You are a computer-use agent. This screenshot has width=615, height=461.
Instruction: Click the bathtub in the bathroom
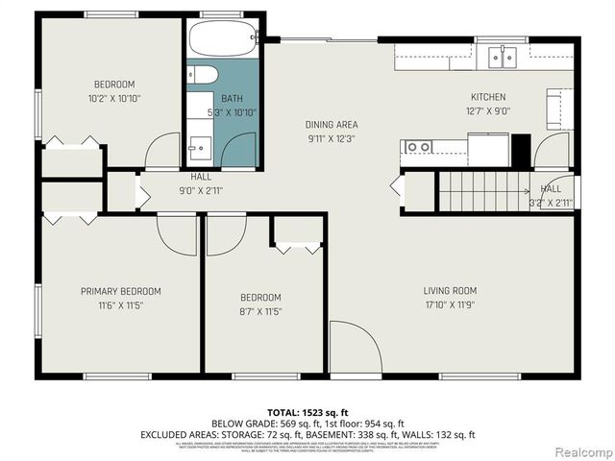pyautogui.click(x=222, y=39)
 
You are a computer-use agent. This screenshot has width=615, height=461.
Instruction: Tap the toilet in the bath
pyautogui.click(x=204, y=76)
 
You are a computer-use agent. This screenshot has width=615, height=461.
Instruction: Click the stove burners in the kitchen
pyautogui.click(x=417, y=146)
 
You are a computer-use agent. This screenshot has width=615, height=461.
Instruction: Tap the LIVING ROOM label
pyautogui.click(x=451, y=291)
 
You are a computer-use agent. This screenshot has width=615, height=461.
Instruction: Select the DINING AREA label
pyautogui.click(x=332, y=125)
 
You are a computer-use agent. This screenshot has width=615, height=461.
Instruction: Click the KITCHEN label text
pyautogui.click(x=487, y=98)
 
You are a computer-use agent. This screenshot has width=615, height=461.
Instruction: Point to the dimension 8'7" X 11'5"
pyautogui.click(x=260, y=311)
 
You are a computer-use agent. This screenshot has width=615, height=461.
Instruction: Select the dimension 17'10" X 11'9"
pyautogui.click(x=451, y=305)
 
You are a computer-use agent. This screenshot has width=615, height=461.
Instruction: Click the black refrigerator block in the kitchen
pyautogui.click(x=520, y=151)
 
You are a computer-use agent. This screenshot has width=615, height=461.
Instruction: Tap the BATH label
pyautogui.click(x=232, y=99)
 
